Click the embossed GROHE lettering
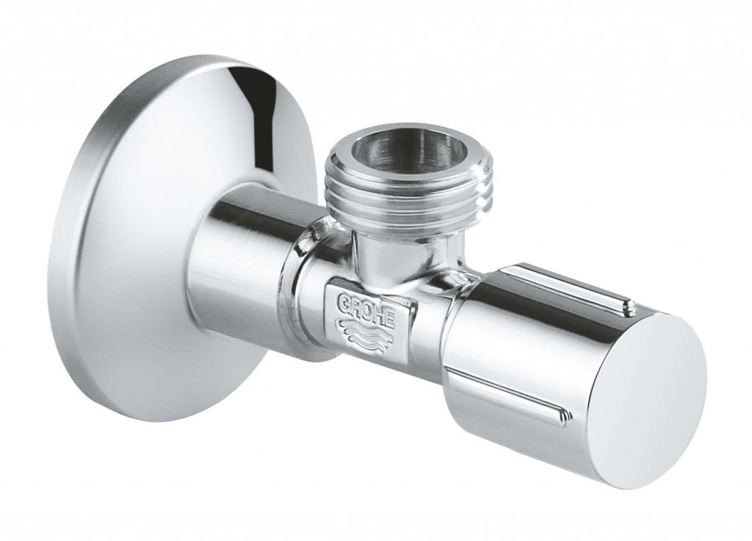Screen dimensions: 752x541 (367, 312)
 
